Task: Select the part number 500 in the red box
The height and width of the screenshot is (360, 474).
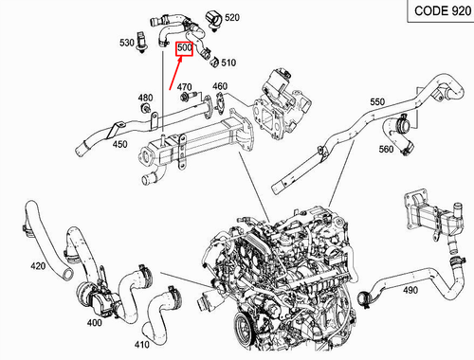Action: [x=184, y=47]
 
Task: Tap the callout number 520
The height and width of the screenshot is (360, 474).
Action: [x=232, y=18]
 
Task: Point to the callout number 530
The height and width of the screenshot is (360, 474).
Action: [x=127, y=43]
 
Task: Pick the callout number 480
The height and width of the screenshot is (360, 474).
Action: [x=145, y=98]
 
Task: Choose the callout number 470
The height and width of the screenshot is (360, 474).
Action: [x=185, y=87]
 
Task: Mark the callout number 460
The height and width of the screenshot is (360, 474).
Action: [x=219, y=87]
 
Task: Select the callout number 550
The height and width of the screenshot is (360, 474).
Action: [x=378, y=101]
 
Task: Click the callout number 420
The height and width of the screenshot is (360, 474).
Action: [x=37, y=266]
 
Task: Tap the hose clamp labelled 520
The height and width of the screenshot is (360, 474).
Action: [x=210, y=17]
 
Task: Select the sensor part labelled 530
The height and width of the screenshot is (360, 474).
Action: [x=142, y=44]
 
